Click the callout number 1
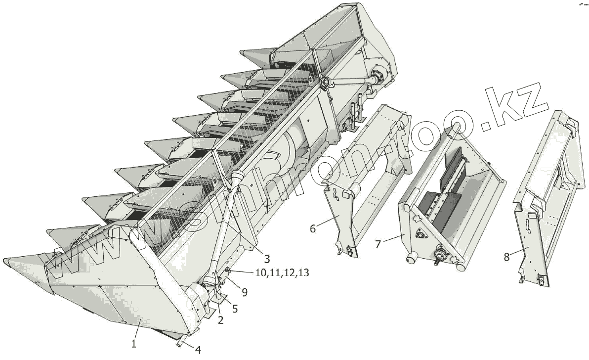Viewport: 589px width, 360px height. click(x=134, y=343)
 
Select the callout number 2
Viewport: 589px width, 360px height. click(x=220, y=320)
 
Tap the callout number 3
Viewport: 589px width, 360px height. click(x=266, y=258)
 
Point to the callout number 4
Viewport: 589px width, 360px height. click(x=198, y=350)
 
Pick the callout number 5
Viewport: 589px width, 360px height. click(x=235, y=309)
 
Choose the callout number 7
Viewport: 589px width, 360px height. click(x=378, y=243)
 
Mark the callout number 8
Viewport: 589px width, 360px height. click(x=506, y=257)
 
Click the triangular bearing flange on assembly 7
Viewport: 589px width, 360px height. click(x=421, y=234)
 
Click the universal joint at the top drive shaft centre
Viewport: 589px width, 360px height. click(x=325, y=82)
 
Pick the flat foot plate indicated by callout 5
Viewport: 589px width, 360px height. click(x=217, y=300)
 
